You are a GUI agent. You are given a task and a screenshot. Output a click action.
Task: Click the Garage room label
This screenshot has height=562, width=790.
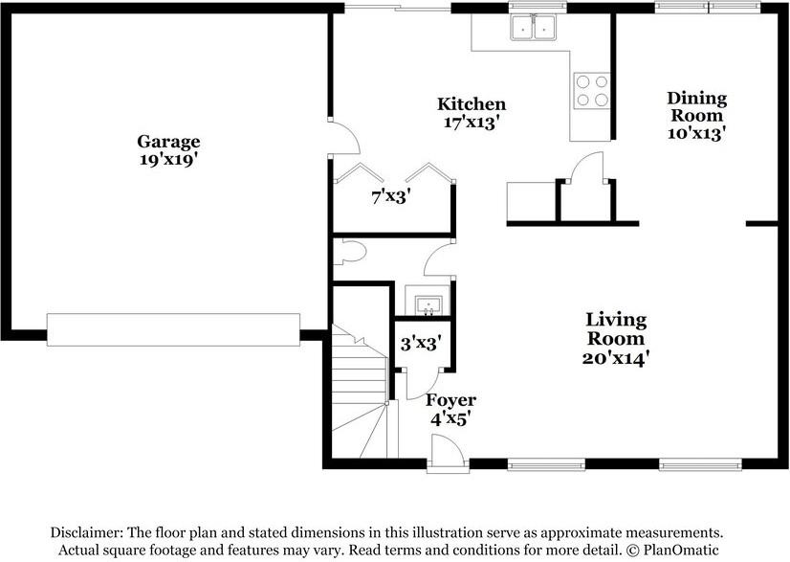tap(167, 143)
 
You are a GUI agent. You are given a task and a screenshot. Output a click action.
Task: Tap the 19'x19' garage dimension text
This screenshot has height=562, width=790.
tap(167, 161)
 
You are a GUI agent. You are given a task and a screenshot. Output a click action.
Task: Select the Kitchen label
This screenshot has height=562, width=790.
tap(472, 104)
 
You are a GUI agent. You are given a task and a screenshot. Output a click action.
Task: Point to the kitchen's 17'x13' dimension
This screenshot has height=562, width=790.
tap(472, 123)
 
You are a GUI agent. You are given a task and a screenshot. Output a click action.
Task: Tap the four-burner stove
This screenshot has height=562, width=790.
tap(591, 91)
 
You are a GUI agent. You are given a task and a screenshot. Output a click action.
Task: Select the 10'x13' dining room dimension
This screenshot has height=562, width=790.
tap(696, 134)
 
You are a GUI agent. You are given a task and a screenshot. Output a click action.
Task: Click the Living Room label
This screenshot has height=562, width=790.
tap(616, 329)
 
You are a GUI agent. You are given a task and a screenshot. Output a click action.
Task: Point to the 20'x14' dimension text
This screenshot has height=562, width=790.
tap(616, 358)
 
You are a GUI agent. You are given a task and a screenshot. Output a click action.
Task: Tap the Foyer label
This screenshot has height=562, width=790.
tap(450, 400)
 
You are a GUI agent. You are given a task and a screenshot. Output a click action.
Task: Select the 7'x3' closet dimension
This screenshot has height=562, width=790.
tap(390, 197)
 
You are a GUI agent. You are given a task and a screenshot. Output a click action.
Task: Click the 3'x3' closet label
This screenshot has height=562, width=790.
tap(420, 342)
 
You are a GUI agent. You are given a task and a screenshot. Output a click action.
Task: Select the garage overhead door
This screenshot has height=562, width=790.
tap(173, 329)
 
